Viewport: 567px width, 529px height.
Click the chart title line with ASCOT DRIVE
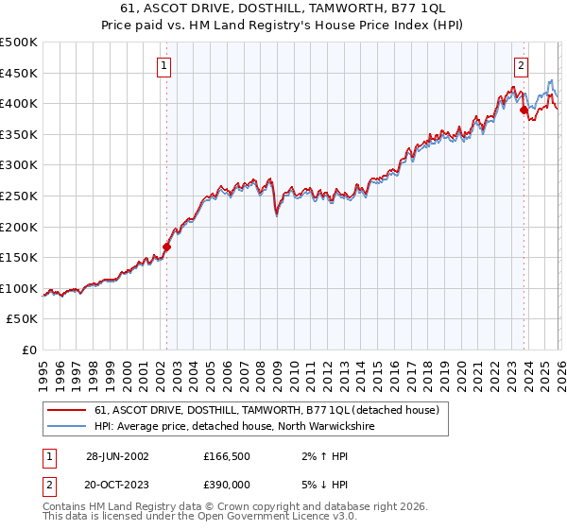click(283, 9)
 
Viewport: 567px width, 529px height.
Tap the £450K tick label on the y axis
click(19, 73)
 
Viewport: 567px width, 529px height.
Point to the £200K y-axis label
click(19, 227)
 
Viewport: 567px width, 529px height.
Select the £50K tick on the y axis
click(23, 319)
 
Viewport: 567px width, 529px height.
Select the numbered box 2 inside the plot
click(521, 65)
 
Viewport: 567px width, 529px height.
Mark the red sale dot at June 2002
click(167, 247)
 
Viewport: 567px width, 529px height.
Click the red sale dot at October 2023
click(524, 110)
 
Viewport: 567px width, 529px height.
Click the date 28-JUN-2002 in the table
click(117, 455)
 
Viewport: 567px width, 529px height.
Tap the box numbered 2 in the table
click(48, 483)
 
